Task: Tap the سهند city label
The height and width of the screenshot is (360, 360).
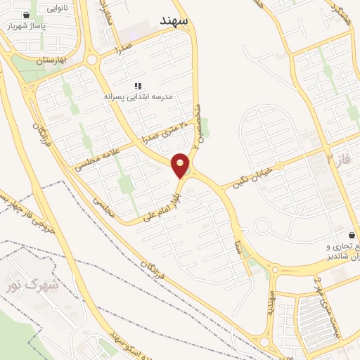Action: pyautogui.click(x=174, y=21)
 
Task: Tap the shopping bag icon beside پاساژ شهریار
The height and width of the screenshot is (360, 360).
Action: pyautogui.click(x=26, y=15)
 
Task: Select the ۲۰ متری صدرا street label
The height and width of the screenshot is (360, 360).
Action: pyautogui.click(x=167, y=131)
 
